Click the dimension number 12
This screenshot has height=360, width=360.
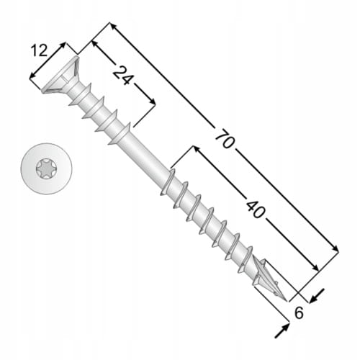[x=40, y=51]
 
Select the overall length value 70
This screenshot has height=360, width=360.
[x=225, y=139]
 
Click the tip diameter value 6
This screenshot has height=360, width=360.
[x=299, y=312]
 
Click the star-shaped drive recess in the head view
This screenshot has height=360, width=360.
[x=47, y=169]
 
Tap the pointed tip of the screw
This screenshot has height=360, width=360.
[x=286, y=300]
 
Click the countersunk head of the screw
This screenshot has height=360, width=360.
[x=61, y=76]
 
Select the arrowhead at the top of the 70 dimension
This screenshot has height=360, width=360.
[x=113, y=26]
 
